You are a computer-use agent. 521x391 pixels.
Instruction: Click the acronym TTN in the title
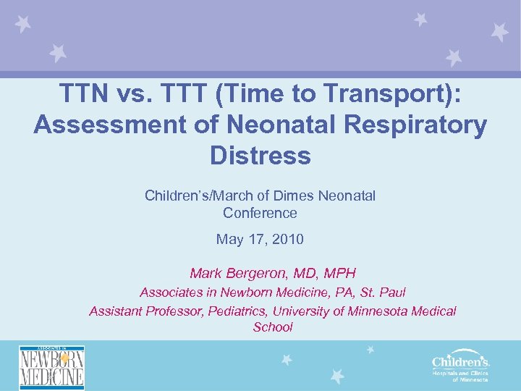tap(83, 94)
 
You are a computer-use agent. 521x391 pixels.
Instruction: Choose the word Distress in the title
tap(260, 155)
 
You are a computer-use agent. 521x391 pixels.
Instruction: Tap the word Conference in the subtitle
tap(260, 213)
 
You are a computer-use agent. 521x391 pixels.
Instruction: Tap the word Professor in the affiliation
tap(175, 311)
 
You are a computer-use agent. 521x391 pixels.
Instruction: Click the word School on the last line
tap(273, 327)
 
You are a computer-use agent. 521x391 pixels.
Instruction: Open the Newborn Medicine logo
tap(51, 367)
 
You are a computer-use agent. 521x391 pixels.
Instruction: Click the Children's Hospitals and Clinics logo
tap(460, 367)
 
